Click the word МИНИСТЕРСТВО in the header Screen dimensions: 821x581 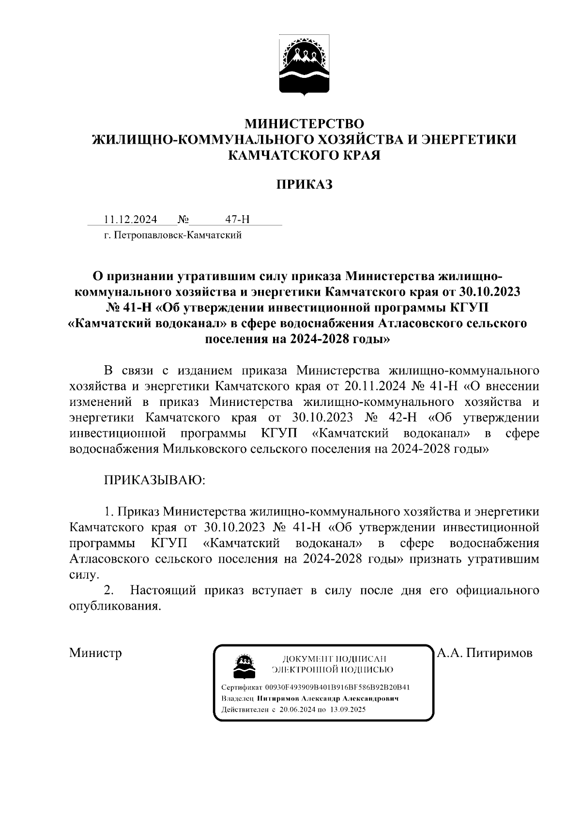tap(304, 124)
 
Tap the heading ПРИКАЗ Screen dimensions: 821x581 tap(304, 184)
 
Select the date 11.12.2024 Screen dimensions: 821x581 tap(131, 220)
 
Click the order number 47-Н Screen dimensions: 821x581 tap(238, 220)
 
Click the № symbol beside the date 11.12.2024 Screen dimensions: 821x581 tap(183, 220)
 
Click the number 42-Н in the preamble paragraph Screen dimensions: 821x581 tap(399, 418)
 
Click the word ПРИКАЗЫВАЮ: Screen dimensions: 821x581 tap(154, 480)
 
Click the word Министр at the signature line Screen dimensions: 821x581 tap(95, 653)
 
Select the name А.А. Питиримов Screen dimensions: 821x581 tap(484, 653)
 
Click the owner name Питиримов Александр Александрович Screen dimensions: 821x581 tap(327, 699)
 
